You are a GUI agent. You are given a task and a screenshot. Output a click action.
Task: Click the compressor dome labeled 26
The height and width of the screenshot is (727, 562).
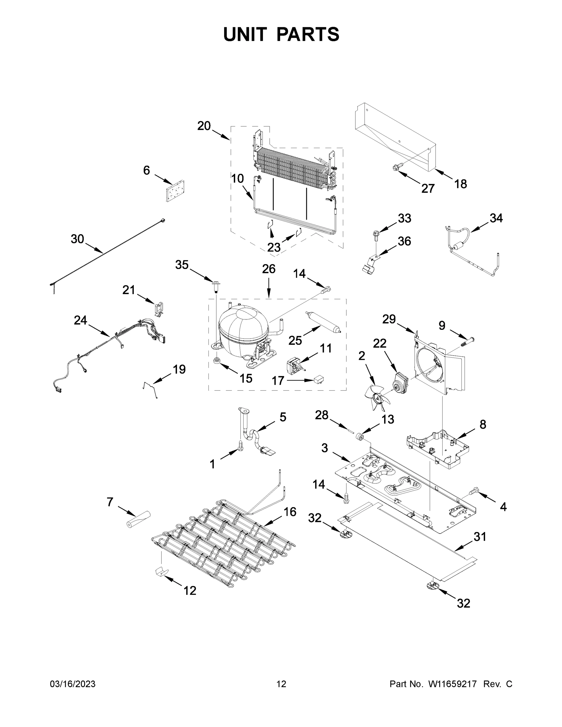[x=242, y=328]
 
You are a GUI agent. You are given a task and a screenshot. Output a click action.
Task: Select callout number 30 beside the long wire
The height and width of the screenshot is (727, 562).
[x=77, y=239]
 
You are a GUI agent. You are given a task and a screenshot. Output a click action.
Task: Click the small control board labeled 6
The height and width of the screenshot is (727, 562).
[x=175, y=191]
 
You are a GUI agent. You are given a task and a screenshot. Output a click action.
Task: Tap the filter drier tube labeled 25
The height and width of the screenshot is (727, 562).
[x=323, y=322]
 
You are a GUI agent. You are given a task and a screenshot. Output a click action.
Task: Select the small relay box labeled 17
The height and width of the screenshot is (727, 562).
[x=319, y=380]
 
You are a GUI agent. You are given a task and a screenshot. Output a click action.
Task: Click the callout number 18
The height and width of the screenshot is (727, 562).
[x=461, y=184]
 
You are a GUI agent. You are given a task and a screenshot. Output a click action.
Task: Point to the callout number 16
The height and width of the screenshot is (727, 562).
[x=290, y=512]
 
